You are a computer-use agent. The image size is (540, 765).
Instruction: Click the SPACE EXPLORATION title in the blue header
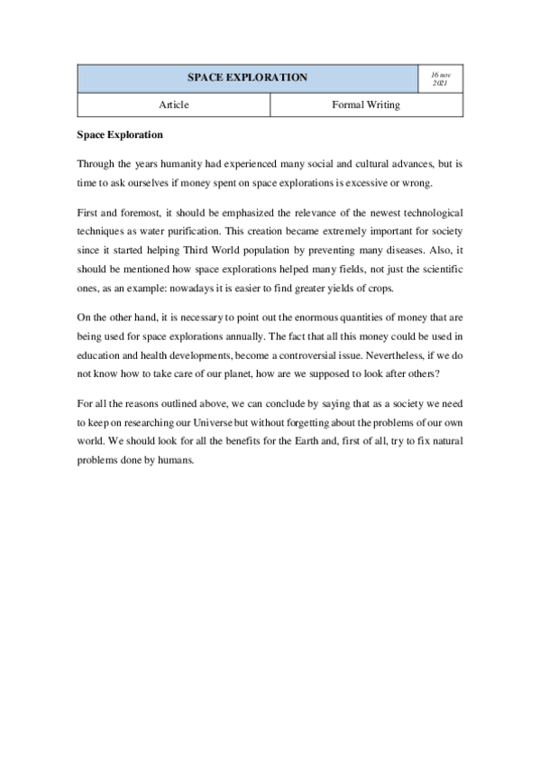(247, 78)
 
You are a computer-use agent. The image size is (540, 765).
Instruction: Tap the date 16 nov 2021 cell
(441, 78)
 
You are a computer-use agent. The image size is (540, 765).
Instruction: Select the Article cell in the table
(174, 106)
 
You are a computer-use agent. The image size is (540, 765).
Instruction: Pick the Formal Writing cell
(366, 106)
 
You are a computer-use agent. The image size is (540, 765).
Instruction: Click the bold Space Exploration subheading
(120, 135)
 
